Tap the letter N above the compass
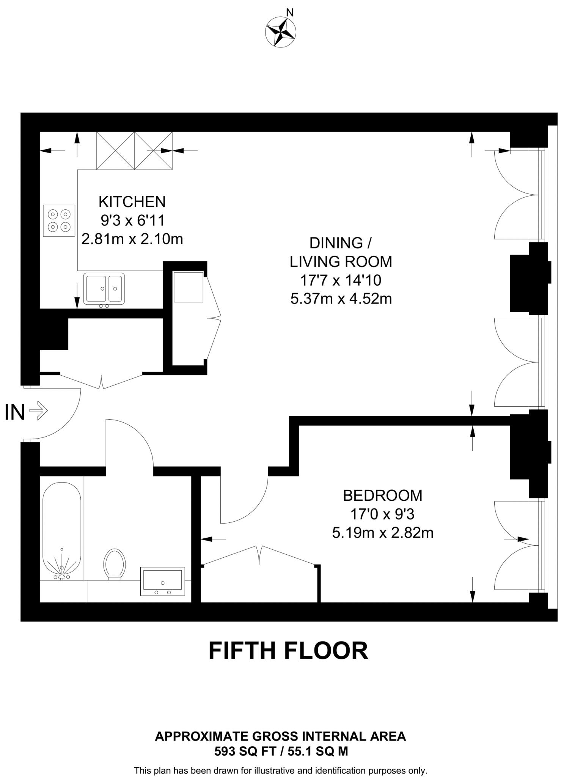pos(290,13)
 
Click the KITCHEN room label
pos(132,202)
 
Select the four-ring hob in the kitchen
pos(59,221)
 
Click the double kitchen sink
pos(104,288)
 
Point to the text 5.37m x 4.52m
pos(341,299)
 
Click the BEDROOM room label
pos(382,495)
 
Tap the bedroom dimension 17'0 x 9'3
pos(382,514)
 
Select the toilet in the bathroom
pos(115,564)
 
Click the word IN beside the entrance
pos(14,412)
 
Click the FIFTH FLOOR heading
pos(288,651)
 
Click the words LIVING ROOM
pos(341,261)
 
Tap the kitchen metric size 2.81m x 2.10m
pos(132,239)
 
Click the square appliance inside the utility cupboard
pos(189,287)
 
